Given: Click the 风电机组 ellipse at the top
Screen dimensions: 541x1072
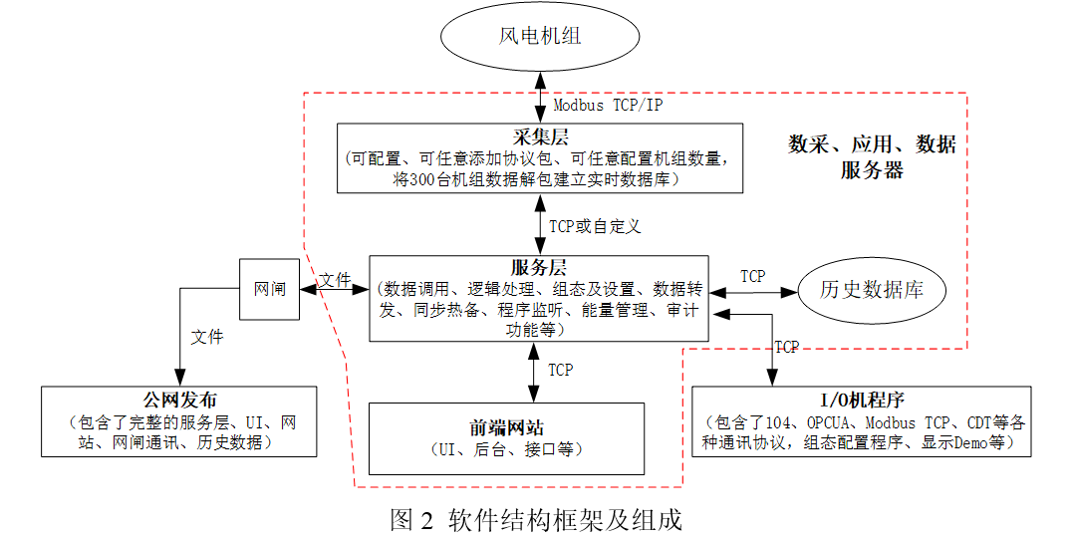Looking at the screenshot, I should pyautogui.click(x=539, y=38).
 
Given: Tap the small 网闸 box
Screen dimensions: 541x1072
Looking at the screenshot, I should pyautogui.click(x=270, y=290).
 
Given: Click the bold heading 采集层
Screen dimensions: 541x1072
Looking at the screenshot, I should pyautogui.click(x=539, y=135).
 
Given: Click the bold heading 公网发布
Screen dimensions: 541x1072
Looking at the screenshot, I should pyautogui.click(x=179, y=401).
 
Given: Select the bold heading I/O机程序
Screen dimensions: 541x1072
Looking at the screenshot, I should pyautogui.click(x=861, y=401).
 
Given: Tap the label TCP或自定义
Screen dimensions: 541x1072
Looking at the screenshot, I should pyautogui.click(x=595, y=225).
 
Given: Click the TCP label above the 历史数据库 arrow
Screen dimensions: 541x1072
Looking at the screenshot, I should pyautogui.click(x=753, y=276).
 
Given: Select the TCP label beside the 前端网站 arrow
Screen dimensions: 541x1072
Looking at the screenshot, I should pyautogui.click(x=561, y=370).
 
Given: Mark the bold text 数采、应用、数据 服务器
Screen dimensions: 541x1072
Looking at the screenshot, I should pyautogui.click(x=872, y=156).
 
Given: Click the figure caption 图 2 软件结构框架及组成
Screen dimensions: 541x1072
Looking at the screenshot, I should pyautogui.click(x=535, y=520).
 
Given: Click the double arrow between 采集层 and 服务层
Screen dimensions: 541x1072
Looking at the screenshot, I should pyautogui.click(x=539, y=224).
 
